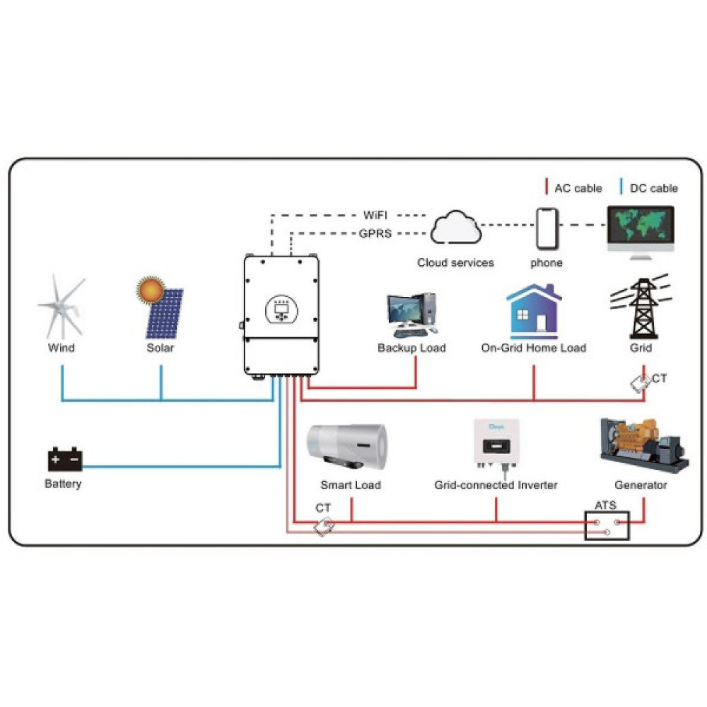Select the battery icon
click(64, 460)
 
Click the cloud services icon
click(455, 228)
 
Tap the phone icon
click(547, 228)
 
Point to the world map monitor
click(641, 228)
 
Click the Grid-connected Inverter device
click(495, 444)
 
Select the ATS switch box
click(607, 524)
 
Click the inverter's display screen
click(281, 309)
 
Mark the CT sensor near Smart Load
click(325, 526)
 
